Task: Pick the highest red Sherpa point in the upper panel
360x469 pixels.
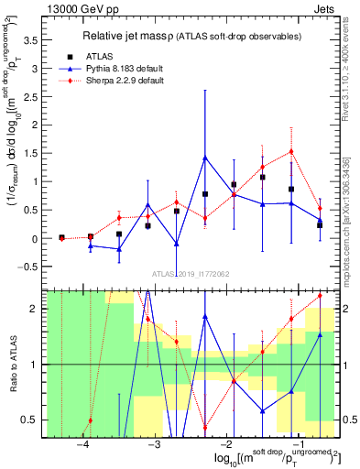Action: tap(291, 151)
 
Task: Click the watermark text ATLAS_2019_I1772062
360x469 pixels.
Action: tap(190, 274)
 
